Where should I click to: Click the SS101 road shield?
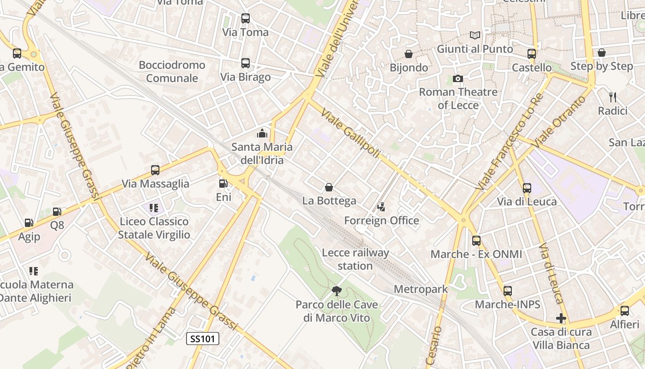click(x=203, y=339)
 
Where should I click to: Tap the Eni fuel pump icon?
click(x=223, y=183)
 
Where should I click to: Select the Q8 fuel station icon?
click(x=57, y=212)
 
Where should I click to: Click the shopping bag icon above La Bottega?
click(x=329, y=187)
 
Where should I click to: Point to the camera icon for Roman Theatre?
click(x=457, y=78)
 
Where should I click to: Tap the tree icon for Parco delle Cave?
click(x=337, y=291)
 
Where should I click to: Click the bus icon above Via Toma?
click(x=246, y=18)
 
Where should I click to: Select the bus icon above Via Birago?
click(x=246, y=63)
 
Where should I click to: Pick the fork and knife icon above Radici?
click(x=613, y=97)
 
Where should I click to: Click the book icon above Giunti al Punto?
click(x=475, y=35)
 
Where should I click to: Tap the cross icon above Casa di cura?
click(x=561, y=318)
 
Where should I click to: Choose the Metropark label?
click(x=421, y=290)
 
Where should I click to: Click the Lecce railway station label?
click(x=355, y=259)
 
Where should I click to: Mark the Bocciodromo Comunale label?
click(x=172, y=71)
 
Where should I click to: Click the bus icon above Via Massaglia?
click(x=155, y=170)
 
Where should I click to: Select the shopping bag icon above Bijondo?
click(x=409, y=54)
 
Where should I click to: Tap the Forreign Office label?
click(x=381, y=220)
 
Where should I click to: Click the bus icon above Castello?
click(x=532, y=54)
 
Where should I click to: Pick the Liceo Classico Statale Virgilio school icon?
click(x=154, y=208)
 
